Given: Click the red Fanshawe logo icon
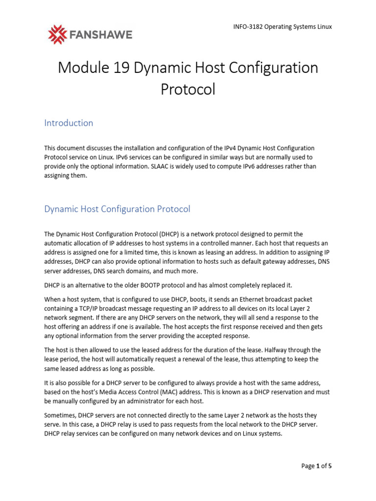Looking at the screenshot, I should click(59, 34).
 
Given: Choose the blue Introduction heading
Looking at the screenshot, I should click(69, 123).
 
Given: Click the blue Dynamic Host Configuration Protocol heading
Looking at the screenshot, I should click(117, 209).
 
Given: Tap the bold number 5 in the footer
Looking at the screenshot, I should click(330, 466).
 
